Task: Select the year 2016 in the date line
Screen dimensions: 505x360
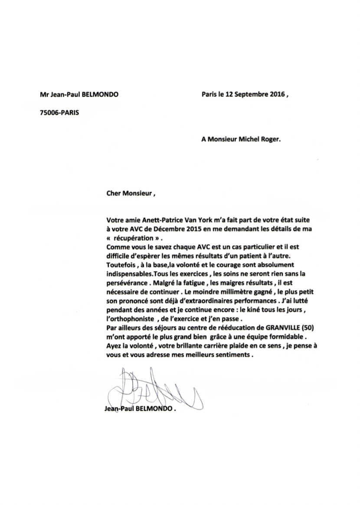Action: click(276, 94)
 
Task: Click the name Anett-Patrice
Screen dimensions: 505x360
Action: click(164, 221)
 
